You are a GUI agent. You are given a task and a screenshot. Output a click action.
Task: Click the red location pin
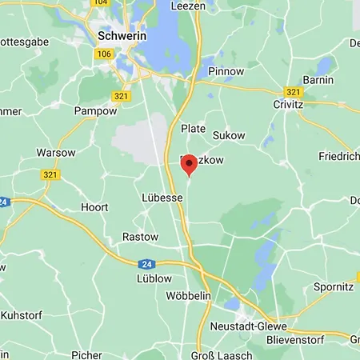(x=189, y=164)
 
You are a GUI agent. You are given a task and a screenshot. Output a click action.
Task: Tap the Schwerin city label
(x=120, y=36)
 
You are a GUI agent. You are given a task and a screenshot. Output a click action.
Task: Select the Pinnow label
(x=226, y=71)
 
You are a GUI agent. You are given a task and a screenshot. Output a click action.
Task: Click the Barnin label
(x=318, y=80)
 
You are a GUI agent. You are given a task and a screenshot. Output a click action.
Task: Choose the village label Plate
(x=194, y=128)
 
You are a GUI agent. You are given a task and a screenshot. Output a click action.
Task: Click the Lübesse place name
(x=162, y=198)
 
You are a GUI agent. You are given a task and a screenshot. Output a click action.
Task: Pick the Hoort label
(x=94, y=206)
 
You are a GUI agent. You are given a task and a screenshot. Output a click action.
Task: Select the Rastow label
(x=140, y=237)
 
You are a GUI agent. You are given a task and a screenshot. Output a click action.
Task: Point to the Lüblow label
(x=154, y=278)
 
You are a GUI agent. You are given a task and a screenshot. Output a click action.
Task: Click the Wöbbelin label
(x=187, y=296)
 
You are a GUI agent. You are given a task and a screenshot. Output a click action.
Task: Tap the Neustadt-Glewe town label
(x=244, y=327)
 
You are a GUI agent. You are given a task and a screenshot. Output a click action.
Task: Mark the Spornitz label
(x=334, y=286)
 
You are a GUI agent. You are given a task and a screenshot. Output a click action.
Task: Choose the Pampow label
(x=95, y=110)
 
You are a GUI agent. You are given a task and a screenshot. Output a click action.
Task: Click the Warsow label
(x=55, y=152)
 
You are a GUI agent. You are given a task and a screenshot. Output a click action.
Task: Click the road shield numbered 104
(x=100, y=3)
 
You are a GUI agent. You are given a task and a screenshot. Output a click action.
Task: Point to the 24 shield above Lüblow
(x=145, y=263)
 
